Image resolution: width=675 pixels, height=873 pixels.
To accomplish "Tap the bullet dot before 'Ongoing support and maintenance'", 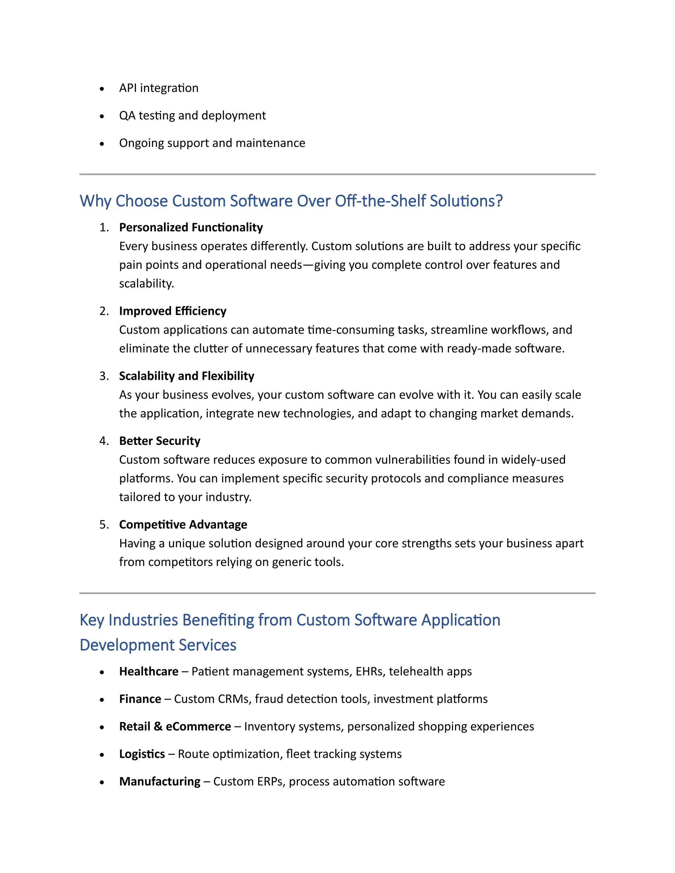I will [x=102, y=144].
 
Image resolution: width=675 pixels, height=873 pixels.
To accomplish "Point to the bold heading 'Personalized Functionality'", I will [x=191, y=227].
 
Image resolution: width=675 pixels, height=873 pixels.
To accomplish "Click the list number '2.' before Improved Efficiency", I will [x=104, y=311].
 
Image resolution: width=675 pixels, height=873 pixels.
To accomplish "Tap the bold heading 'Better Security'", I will [x=160, y=441].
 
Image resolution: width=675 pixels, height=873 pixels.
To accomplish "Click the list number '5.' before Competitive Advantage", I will [x=104, y=524].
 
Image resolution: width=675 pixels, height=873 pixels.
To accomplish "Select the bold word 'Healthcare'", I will [x=149, y=671].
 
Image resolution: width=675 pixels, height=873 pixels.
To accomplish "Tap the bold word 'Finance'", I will [x=140, y=699].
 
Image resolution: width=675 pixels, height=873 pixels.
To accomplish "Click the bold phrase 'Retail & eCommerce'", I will [x=175, y=726].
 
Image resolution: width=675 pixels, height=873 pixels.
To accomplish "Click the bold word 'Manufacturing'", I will [x=160, y=781].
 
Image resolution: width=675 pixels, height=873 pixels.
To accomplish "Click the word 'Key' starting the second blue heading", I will [x=92, y=620].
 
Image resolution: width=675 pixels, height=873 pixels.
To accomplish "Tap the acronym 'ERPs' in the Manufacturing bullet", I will [x=270, y=781].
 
